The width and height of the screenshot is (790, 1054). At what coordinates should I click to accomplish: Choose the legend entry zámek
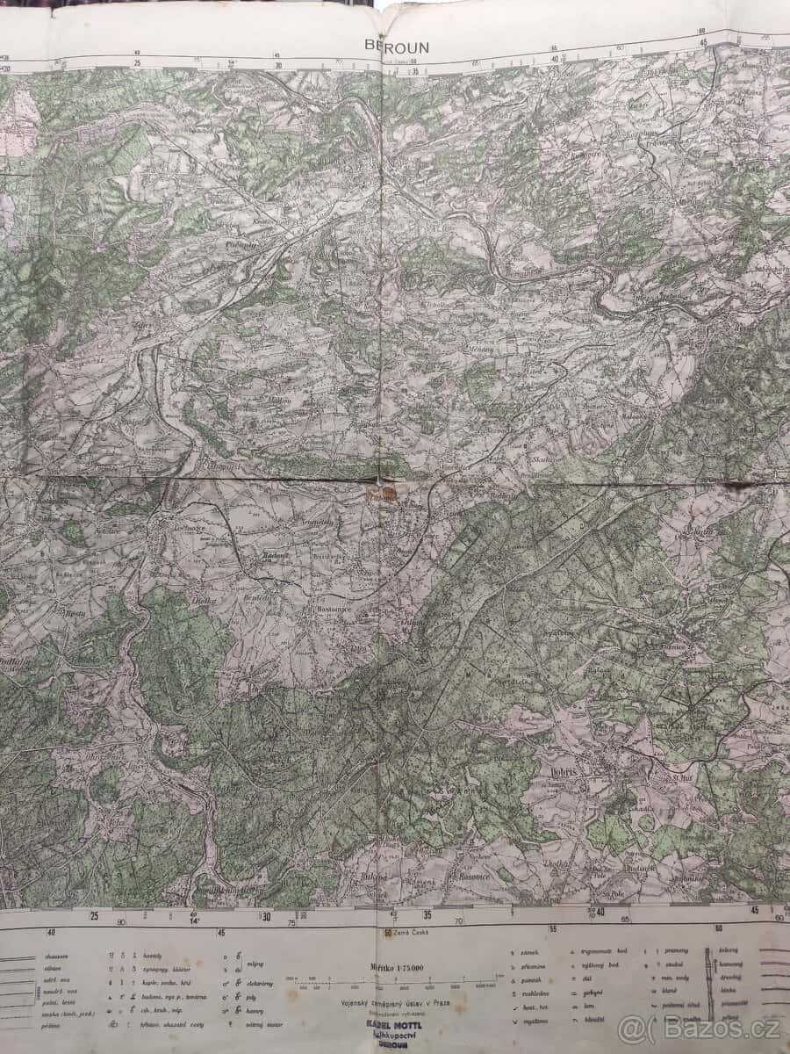pyautogui.click(x=530, y=952)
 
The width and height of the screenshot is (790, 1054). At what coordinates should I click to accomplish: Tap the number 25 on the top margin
pyautogui.click(x=137, y=63)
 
